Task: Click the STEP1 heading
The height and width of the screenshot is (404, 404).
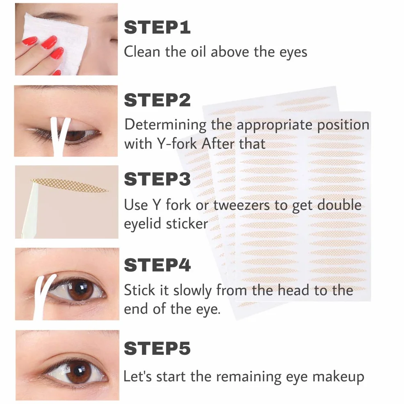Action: coord(157,27)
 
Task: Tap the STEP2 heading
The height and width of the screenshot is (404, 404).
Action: coord(157,100)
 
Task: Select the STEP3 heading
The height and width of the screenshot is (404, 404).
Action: coord(157,179)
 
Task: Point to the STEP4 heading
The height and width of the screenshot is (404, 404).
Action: coord(157,265)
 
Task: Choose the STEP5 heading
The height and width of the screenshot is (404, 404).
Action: coord(157,348)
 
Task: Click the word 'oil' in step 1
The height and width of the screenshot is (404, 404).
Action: coord(198,52)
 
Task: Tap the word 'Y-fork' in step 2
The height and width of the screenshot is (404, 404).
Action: coord(177,144)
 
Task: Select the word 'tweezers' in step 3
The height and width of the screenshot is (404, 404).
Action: coord(242,205)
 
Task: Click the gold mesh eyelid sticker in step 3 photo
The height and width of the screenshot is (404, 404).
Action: coord(69,185)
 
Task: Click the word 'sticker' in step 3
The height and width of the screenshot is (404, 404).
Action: coord(187,224)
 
